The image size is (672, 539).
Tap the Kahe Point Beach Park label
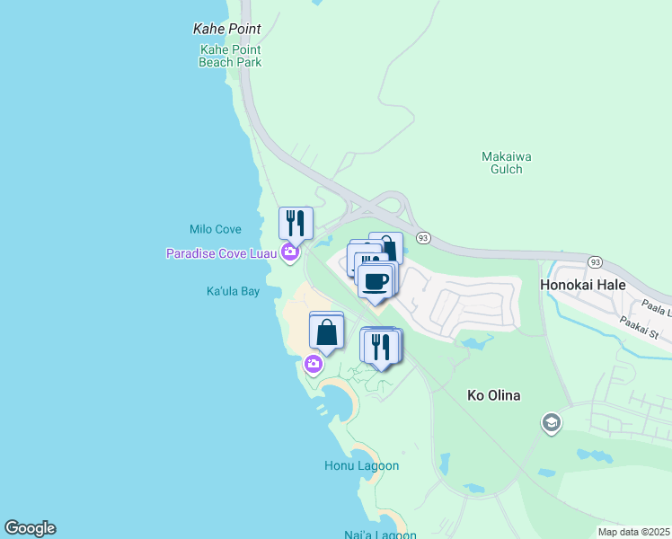230,56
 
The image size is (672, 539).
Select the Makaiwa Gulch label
507,163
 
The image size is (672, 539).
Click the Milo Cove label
216,230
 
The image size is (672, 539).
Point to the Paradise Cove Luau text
221,253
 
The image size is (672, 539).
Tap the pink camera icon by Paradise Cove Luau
290,252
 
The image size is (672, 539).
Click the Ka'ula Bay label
233,292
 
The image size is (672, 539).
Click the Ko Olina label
494,395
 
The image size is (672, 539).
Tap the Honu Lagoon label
361,466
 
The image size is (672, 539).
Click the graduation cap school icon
551,422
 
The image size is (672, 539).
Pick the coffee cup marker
376,280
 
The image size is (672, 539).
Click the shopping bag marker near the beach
328,332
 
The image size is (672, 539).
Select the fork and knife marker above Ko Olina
381,346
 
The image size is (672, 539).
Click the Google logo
30,528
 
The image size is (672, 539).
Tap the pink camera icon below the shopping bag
314,364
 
